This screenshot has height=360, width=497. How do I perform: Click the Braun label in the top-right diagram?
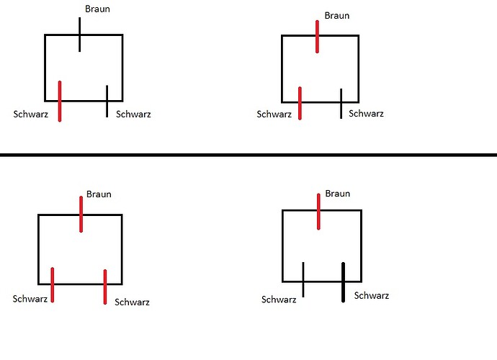tap(337, 15)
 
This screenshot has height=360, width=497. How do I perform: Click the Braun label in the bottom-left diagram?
tap(99, 194)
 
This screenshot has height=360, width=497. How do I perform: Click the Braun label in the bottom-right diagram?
tap(338, 194)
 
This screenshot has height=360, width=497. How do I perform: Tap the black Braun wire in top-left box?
tap(79, 35)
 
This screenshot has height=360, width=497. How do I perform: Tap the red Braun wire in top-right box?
tap(317, 37)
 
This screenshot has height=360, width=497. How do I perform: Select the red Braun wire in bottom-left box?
tap(81, 214)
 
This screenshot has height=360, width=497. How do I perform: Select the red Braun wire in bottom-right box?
tap(318, 212)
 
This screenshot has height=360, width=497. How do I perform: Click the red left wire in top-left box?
tap(59, 102)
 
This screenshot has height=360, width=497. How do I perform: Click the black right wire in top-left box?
tap(107, 102)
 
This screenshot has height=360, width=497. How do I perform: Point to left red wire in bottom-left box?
tap(53, 284)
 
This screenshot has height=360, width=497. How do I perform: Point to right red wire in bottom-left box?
tap(105, 287)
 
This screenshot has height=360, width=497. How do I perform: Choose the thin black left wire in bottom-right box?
tap(303, 279)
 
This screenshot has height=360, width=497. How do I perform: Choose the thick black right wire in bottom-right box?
tap(344, 282)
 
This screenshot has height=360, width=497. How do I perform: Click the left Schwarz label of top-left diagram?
tap(31, 114)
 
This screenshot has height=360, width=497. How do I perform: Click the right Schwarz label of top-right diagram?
tap(367, 114)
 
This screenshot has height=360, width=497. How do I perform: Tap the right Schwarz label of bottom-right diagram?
tap(372, 296)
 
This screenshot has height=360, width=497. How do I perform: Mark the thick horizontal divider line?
tap(248, 154)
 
